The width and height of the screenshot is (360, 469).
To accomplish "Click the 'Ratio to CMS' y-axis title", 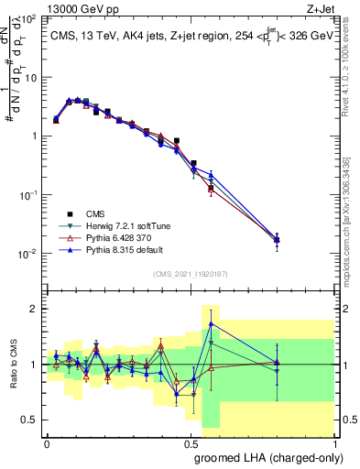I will click(13, 365).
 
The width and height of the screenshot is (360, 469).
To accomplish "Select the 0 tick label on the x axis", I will click(47, 442).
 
